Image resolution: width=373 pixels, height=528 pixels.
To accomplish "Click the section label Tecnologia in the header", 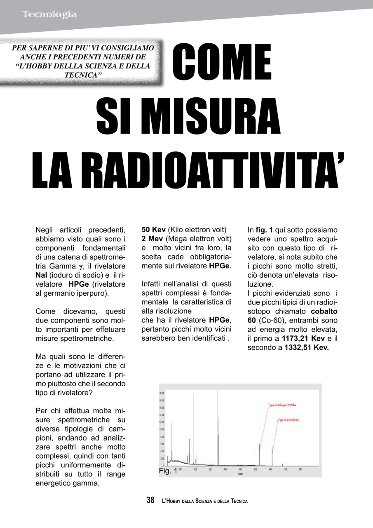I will pos(49,14).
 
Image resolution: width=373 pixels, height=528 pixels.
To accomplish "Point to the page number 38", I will pos(150,500).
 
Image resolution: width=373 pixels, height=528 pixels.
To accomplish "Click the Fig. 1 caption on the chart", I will pos(168,471).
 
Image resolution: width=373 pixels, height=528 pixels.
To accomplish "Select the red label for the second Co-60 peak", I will pos(288,420).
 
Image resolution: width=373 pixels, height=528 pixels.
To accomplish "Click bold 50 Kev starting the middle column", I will pos(153,230).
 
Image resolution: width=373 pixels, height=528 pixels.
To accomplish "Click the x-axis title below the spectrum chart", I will pos(239,474).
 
